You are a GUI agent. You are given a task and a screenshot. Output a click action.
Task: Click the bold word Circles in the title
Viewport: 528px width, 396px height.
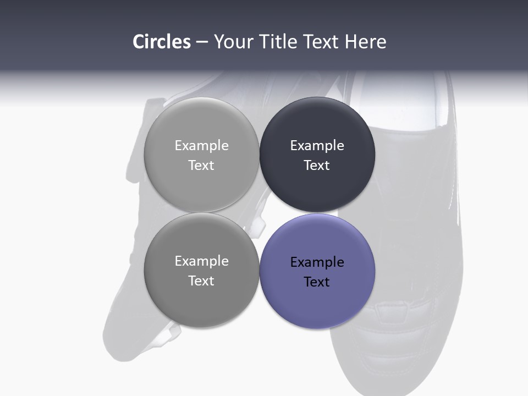tap(162, 42)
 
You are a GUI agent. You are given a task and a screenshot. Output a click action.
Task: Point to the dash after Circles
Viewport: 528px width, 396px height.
tap(202, 42)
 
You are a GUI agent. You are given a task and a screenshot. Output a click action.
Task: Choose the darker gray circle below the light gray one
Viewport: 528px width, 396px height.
tap(201, 300)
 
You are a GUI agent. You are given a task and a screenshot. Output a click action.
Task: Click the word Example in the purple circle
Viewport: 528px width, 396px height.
tap(317, 262)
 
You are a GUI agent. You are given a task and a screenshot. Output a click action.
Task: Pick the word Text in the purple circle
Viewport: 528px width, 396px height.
tap(317, 282)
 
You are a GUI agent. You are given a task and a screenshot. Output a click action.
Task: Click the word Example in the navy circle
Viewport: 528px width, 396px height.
tap(317, 146)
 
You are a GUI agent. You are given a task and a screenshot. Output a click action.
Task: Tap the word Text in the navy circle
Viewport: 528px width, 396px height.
tap(317, 166)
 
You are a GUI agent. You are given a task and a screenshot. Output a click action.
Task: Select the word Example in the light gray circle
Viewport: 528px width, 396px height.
tap(201, 146)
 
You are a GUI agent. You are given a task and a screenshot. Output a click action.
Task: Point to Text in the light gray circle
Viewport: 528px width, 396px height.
tap(201, 166)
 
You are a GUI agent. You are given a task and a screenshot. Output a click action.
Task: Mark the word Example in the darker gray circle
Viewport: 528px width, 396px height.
tap(201, 261)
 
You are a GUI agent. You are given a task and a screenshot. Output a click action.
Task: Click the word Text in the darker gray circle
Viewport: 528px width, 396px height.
tap(201, 281)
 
